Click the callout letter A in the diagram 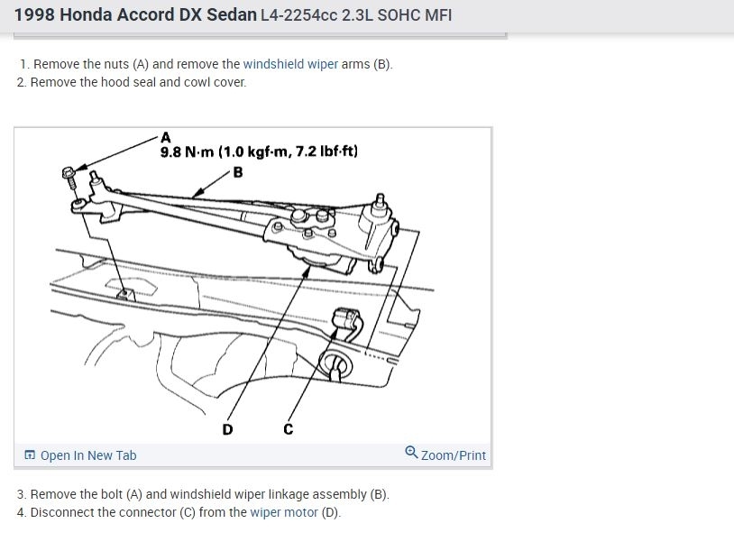(x=165, y=138)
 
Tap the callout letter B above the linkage (x=237, y=172)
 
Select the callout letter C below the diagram (x=289, y=429)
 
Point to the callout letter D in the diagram (x=227, y=429)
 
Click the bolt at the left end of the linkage (x=69, y=175)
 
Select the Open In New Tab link (x=88, y=455)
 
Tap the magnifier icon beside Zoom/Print (x=411, y=454)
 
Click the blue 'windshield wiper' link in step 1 (x=290, y=64)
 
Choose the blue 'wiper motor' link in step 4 (x=284, y=512)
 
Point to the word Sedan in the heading (x=231, y=15)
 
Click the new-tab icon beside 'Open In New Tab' (x=30, y=455)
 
